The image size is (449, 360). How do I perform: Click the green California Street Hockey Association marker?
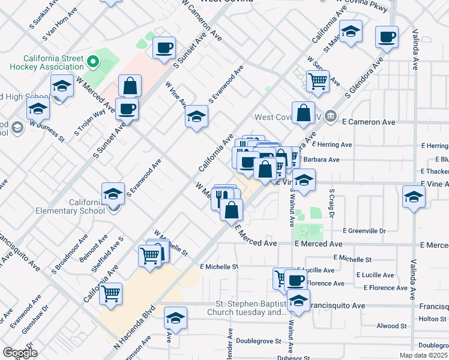tap(92, 61)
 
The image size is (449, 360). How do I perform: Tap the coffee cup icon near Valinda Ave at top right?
tap(387, 37)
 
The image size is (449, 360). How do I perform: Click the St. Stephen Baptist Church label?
tap(251, 308)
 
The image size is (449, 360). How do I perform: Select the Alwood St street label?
tap(391, 326)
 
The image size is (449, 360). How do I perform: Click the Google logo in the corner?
tap(19, 353)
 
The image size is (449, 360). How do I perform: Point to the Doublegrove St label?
tap(259, 341)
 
